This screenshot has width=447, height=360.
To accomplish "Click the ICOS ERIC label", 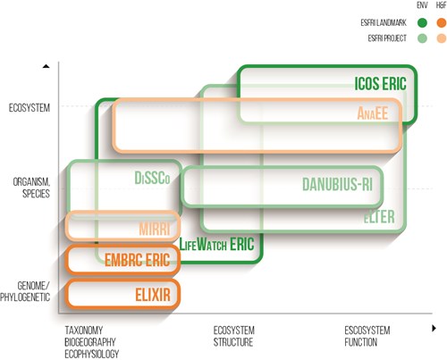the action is [x=380, y=83].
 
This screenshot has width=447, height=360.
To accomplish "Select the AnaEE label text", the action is [x=373, y=113].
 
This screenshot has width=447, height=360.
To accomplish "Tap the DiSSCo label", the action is [x=152, y=178].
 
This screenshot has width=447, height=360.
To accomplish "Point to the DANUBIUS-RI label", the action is [x=337, y=184].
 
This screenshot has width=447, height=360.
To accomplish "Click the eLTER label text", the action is [x=379, y=216].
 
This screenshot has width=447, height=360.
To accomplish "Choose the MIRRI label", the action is [x=155, y=229].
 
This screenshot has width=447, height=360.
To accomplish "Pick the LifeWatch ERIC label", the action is [x=216, y=244].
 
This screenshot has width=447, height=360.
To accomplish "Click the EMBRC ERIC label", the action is [x=137, y=260].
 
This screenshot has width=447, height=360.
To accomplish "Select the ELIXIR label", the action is [x=153, y=295].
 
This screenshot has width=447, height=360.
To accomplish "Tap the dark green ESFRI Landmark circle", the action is [x=422, y=22].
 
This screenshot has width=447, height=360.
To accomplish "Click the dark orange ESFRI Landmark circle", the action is [x=442, y=22].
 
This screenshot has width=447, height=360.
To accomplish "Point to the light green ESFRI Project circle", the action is [x=422, y=38].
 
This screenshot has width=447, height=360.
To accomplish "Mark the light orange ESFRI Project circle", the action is [x=442, y=38].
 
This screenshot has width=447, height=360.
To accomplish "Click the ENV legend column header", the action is [x=422, y=5].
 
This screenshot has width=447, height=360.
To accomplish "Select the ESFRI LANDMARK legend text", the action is [x=384, y=22].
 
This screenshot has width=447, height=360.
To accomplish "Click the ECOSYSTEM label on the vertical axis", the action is [x=30, y=108].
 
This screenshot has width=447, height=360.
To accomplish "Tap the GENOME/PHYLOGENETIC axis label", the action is [x=25, y=291].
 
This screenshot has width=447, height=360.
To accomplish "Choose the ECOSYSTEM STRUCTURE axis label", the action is [x=234, y=336].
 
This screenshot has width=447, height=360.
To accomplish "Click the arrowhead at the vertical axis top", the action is [x=46, y=66].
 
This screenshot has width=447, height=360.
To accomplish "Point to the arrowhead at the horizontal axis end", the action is [x=434, y=328].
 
